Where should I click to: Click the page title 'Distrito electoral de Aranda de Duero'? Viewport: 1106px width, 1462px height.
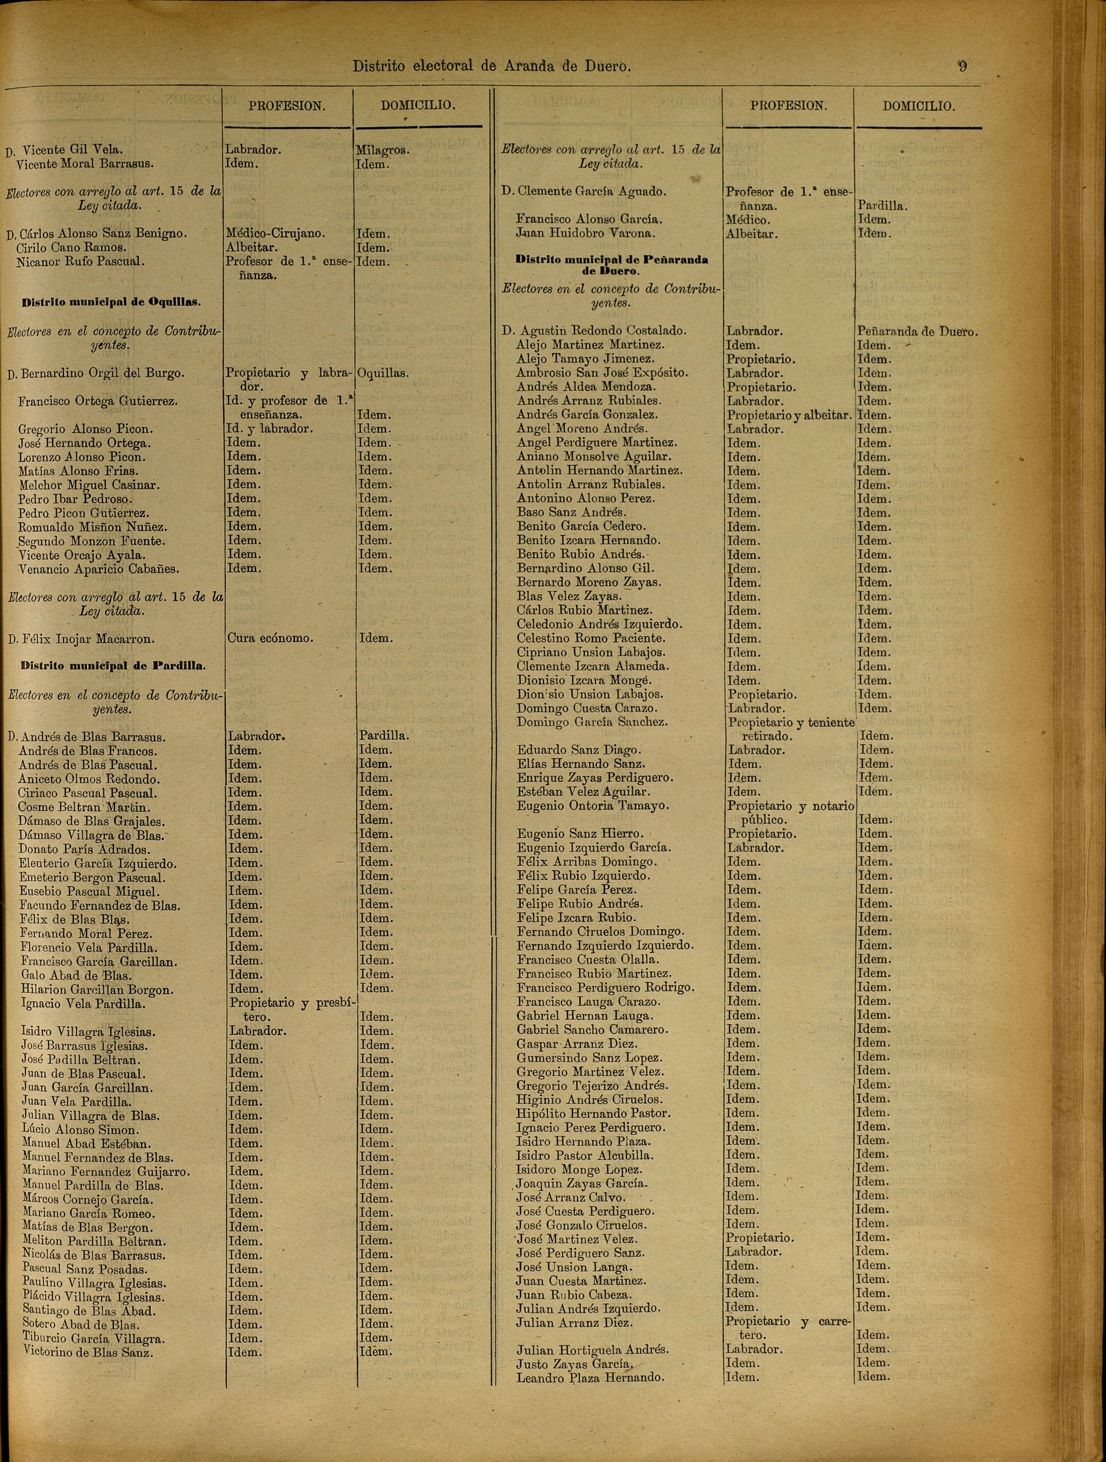[x=492, y=66]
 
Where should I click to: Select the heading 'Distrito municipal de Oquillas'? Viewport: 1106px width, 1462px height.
[x=111, y=303]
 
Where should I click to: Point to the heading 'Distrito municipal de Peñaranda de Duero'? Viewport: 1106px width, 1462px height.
[x=611, y=265]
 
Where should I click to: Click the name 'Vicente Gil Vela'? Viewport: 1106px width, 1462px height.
[x=73, y=149]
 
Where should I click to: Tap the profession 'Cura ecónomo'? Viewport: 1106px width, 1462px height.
[x=270, y=638]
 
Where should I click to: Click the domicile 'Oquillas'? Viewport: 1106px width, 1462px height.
[x=382, y=373]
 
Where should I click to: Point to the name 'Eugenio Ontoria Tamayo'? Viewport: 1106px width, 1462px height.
[x=593, y=806]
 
